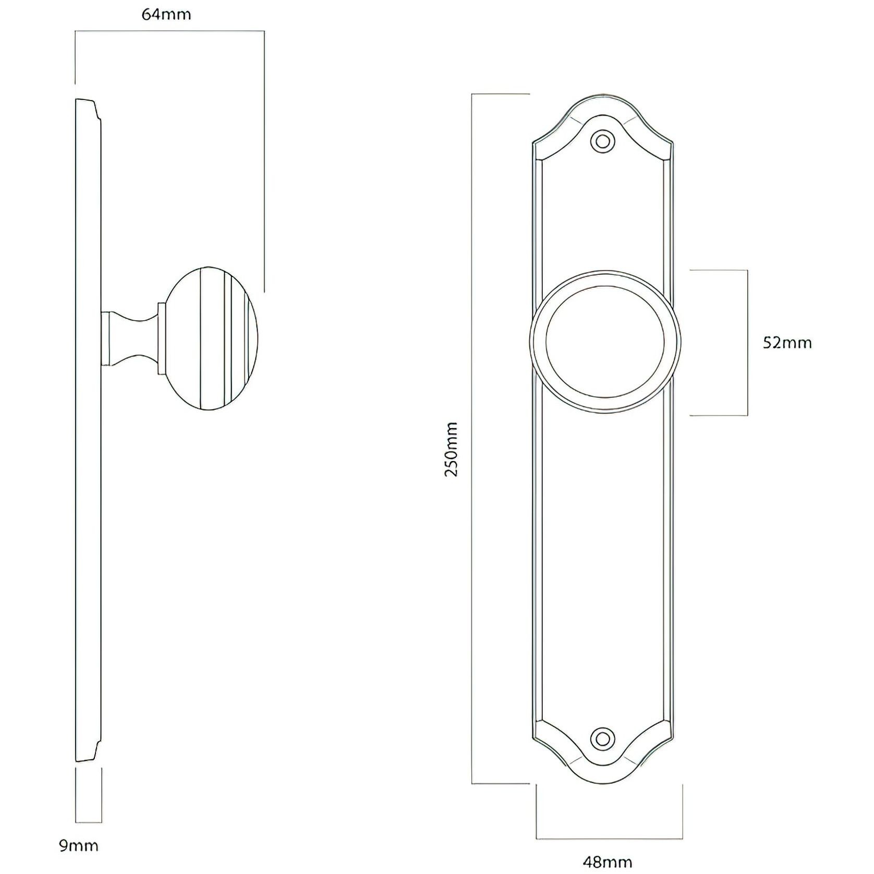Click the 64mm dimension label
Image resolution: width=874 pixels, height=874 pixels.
click(x=166, y=15)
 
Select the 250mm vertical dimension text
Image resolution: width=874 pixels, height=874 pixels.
click(x=451, y=449)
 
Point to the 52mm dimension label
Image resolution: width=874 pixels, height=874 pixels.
click(x=787, y=343)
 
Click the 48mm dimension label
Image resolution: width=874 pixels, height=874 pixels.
click(x=608, y=862)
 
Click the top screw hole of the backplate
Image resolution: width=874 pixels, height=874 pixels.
click(x=602, y=141)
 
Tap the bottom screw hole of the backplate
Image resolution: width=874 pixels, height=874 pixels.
click(x=602, y=738)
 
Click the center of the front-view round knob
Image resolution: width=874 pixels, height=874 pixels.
click(x=605, y=343)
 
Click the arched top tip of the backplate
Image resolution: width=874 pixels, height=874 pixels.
click(x=602, y=97)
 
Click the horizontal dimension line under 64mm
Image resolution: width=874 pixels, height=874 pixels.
click(x=169, y=31)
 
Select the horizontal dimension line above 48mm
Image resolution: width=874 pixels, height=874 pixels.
click(x=609, y=838)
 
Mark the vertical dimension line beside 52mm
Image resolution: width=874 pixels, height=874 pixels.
click(x=747, y=343)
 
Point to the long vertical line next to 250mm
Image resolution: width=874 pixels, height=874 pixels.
click(x=472, y=438)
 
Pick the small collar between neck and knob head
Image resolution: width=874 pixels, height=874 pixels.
click(x=162, y=339)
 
